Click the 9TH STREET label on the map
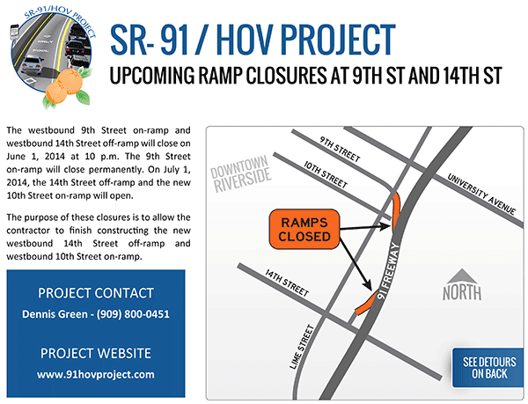tap(340, 149)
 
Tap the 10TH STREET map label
tap(326, 174)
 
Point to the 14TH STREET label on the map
tap(287, 283)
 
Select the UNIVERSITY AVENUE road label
tap(481, 194)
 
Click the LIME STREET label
tap(302, 347)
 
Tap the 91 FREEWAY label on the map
tap(389, 271)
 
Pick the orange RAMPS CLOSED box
tap(304, 229)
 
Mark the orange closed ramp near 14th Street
tap(367, 304)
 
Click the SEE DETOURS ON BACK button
tap(488, 368)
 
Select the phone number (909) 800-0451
tap(133, 314)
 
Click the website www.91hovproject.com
tap(96, 375)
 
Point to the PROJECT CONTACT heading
tap(96, 293)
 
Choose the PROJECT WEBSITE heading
tap(96, 354)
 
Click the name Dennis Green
tap(55, 314)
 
